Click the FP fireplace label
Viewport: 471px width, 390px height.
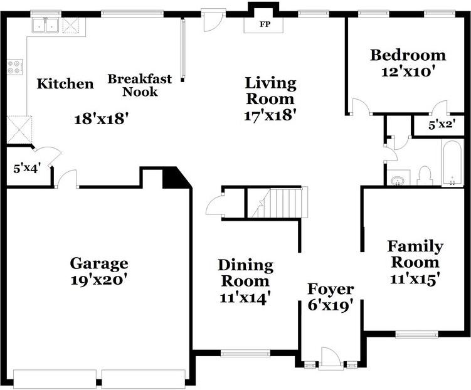[x=265, y=24]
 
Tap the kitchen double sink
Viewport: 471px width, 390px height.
[x=45, y=25]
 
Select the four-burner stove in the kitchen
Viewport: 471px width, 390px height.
[x=14, y=67]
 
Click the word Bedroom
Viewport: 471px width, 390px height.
[x=408, y=55]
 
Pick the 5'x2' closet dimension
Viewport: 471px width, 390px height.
[x=442, y=125]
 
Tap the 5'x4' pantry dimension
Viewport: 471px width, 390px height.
[x=27, y=169]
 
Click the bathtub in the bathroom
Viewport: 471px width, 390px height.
[x=452, y=163]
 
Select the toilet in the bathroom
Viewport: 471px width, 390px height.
[x=425, y=176]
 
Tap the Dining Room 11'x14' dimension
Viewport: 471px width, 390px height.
[x=243, y=298]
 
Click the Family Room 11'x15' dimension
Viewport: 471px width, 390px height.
[x=413, y=280]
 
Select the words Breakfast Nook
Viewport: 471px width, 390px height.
[x=140, y=85]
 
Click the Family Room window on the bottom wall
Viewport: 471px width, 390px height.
[x=416, y=334]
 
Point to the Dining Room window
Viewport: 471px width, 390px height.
[x=245, y=354]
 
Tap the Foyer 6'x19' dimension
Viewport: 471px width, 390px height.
[x=329, y=306]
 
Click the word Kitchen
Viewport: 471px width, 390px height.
[x=65, y=83]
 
